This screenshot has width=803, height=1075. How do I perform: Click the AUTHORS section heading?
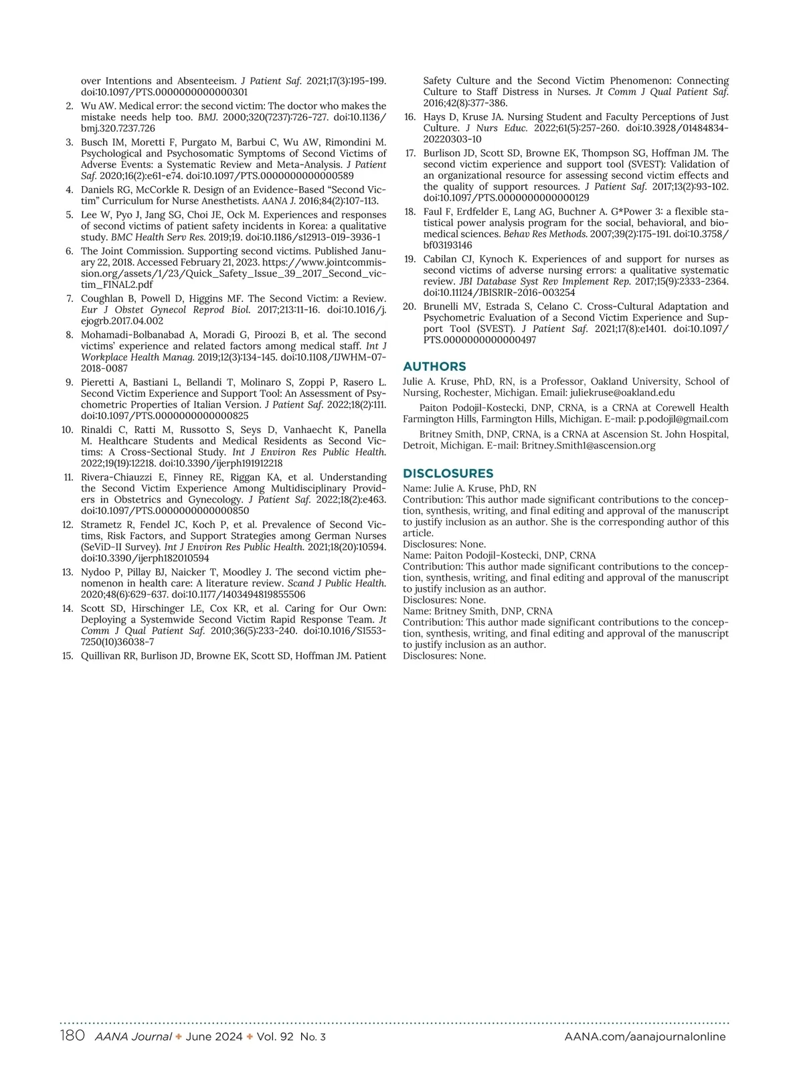coord(434,366)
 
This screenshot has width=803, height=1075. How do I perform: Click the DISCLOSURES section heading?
coord(448,473)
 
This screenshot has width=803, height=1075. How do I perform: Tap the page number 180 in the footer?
coord(72,1036)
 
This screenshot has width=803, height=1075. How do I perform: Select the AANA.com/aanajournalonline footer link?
coord(645,1037)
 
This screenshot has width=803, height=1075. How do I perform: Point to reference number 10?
coord(67,430)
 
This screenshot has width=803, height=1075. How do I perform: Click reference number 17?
coord(410,153)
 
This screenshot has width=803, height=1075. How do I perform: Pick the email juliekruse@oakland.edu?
coord(622,393)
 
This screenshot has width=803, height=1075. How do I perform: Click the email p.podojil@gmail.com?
coord(683,419)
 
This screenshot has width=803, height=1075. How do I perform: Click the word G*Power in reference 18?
coord(631,212)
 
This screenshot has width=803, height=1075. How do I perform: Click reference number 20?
coord(410,307)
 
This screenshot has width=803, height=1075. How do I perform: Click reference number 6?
coord(70,252)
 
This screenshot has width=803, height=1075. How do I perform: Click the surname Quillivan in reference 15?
coord(102,656)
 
